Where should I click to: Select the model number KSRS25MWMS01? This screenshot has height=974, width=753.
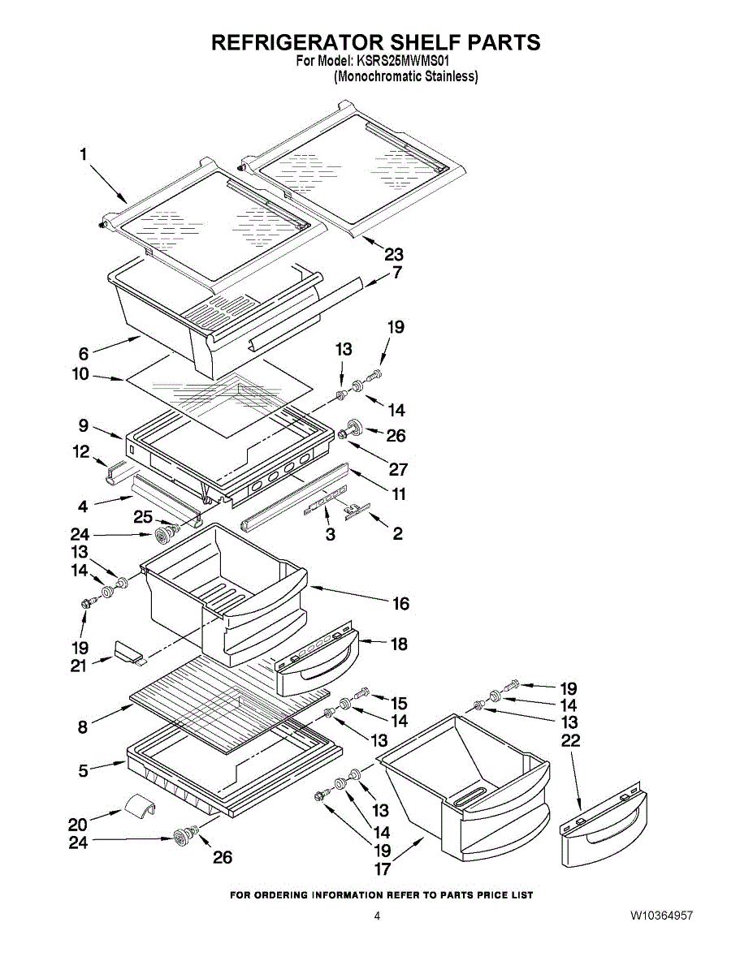coord(403,61)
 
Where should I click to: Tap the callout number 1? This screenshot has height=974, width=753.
coord(84,155)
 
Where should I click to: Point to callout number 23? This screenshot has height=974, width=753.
coord(394,255)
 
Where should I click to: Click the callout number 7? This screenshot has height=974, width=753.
coord(397,273)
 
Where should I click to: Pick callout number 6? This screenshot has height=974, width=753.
coord(84,354)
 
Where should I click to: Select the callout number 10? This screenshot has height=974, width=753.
coord(81,374)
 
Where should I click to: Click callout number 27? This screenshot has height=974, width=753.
coord(398,469)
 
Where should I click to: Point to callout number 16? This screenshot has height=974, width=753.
coord(401,604)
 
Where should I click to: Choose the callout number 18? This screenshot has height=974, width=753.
coord(399,644)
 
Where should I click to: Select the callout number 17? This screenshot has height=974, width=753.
coord(383,869)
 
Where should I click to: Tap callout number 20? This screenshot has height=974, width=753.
coord(78,825)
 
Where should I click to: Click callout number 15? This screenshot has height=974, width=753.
coord(399,703)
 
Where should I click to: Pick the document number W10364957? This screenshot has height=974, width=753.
coord(661,916)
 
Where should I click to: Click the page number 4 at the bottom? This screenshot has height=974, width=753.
coord(377,916)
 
